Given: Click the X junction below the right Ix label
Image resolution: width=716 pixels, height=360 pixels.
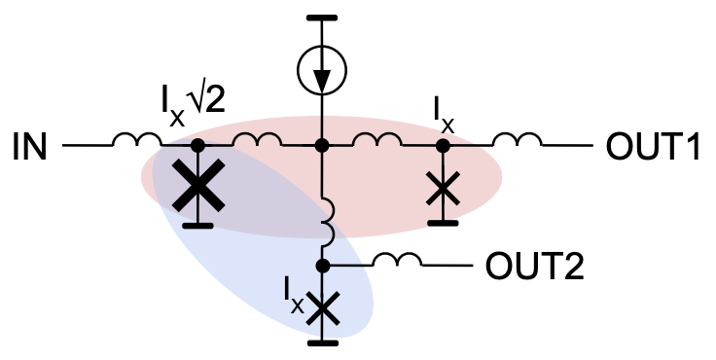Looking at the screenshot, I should pos(444,187).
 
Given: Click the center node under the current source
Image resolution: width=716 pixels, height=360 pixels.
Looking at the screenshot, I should pos(322,146).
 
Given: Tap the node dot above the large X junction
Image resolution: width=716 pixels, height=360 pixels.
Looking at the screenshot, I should pos(197,146).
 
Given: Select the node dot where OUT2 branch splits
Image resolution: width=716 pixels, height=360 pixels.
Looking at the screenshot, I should pos(323,265).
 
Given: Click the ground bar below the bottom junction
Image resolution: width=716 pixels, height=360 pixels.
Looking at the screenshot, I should pos(323,342).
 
